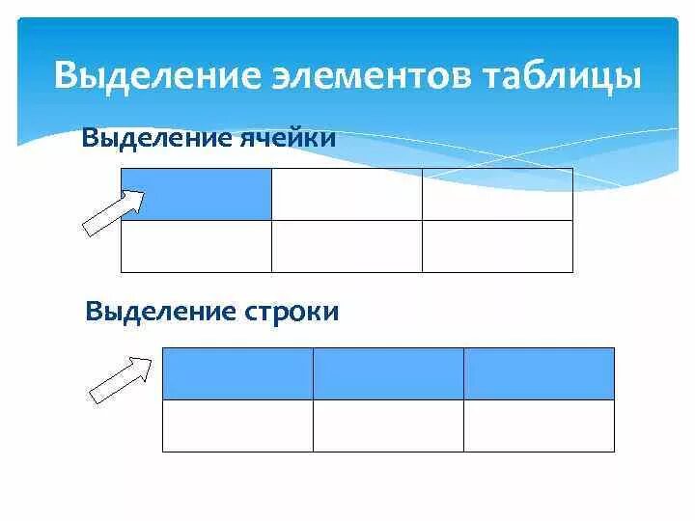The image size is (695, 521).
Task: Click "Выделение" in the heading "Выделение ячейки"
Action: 153,137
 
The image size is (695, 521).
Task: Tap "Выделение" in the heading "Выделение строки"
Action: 156,312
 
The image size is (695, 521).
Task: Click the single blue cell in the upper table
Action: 196,194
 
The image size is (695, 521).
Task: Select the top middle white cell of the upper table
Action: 347,194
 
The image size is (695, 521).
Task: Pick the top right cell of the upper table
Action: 497,194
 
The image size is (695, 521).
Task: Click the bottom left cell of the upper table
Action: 196,246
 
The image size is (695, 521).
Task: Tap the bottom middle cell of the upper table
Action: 347,246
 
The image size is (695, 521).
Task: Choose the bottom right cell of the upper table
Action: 497,246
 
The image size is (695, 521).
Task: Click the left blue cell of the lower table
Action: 237,373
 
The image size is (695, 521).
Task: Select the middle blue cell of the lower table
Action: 388,373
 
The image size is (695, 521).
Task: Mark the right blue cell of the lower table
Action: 539,373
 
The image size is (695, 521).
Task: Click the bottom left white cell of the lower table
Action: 237,425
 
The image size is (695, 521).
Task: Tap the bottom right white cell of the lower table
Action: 539,425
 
